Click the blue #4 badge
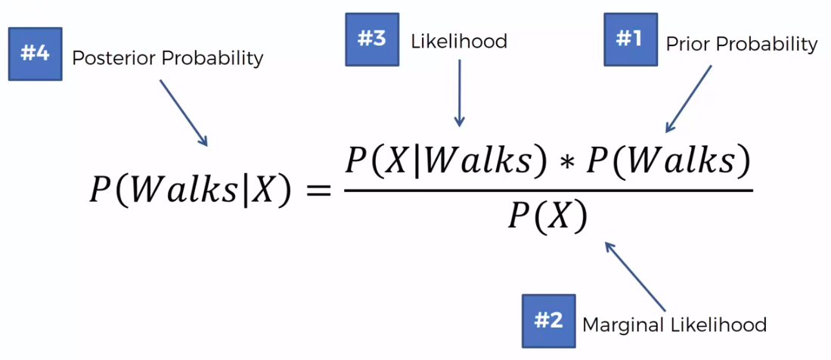35,54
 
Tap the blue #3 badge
371,39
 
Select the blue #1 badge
630,39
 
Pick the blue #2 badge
548,321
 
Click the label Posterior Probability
167,57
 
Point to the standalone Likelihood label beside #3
458,41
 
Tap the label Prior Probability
741,45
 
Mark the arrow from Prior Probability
690,98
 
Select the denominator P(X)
547,219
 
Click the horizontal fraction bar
548,191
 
